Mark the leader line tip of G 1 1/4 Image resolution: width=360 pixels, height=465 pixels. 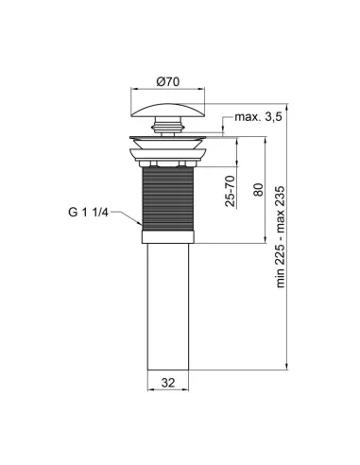[141, 225]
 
